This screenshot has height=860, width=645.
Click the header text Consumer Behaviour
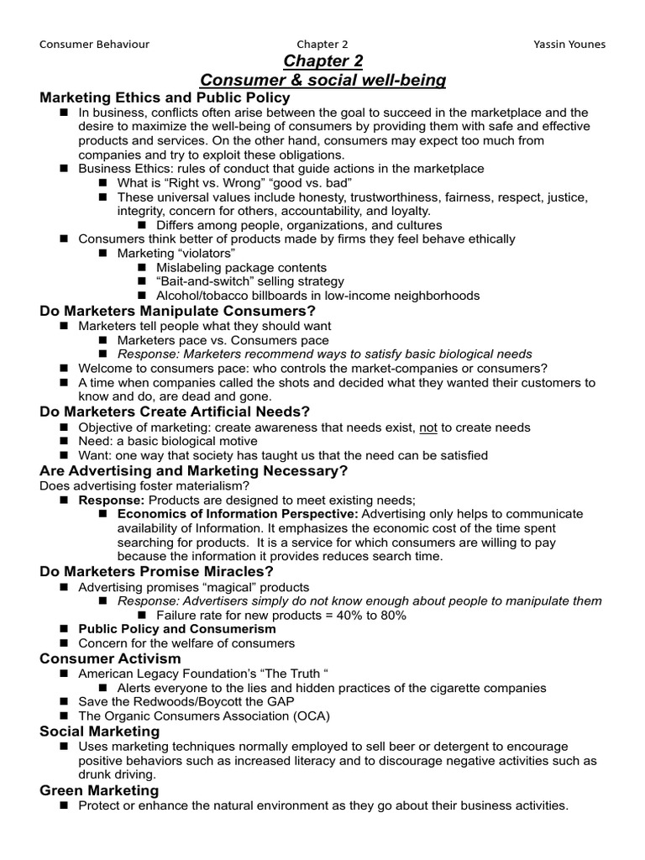coord(91,44)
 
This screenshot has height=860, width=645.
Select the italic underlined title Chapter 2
coord(322,61)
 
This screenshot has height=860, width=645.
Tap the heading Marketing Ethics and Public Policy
coord(165,97)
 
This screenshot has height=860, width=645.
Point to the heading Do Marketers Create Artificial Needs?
coord(175,412)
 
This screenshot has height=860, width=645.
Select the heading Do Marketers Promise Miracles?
coord(157,571)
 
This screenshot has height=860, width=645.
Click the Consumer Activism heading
coord(110,658)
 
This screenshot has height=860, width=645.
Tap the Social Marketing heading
coord(100,731)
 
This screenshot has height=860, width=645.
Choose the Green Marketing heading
coord(99,789)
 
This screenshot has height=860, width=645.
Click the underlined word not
coord(429,427)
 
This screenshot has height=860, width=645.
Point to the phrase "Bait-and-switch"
coord(200,281)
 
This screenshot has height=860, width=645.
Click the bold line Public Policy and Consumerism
coord(176,628)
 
